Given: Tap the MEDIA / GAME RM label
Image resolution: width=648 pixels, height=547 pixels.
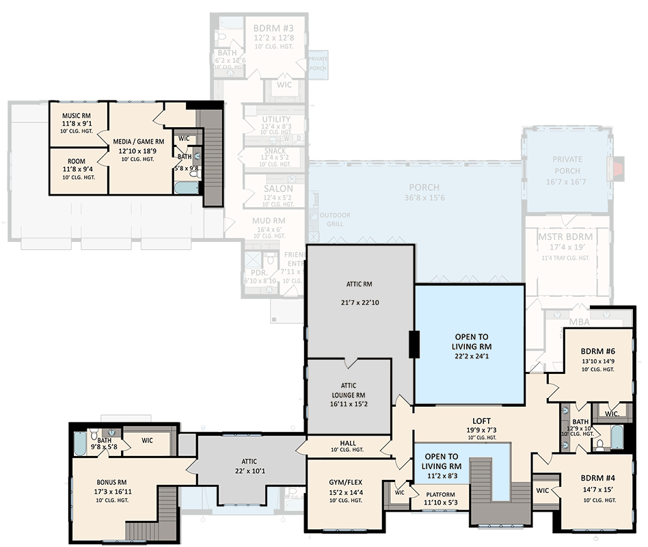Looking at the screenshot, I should [x=139, y=142].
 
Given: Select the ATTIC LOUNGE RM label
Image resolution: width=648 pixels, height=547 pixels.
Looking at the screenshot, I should [x=347, y=390].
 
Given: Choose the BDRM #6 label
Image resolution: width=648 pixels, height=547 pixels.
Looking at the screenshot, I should [x=597, y=351].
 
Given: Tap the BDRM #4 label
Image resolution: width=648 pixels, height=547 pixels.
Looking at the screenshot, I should [x=597, y=477].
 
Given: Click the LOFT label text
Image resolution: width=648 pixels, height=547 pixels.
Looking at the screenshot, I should [x=482, y=421].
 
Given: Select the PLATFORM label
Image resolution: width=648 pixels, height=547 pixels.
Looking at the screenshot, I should [x=441, y=494].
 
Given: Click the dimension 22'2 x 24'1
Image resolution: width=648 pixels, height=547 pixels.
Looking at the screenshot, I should [x=471, y=357].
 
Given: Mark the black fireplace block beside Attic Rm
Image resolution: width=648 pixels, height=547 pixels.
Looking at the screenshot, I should [x=414, y=344].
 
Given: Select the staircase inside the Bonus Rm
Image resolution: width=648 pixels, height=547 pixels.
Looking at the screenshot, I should [x=157, y=513].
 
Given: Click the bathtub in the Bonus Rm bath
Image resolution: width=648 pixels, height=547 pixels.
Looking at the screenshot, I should [x=79, y=445].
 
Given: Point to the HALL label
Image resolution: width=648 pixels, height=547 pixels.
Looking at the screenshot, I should [x=347, y=442].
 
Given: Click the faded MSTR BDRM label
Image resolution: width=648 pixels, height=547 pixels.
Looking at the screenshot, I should [x=565, y=237].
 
